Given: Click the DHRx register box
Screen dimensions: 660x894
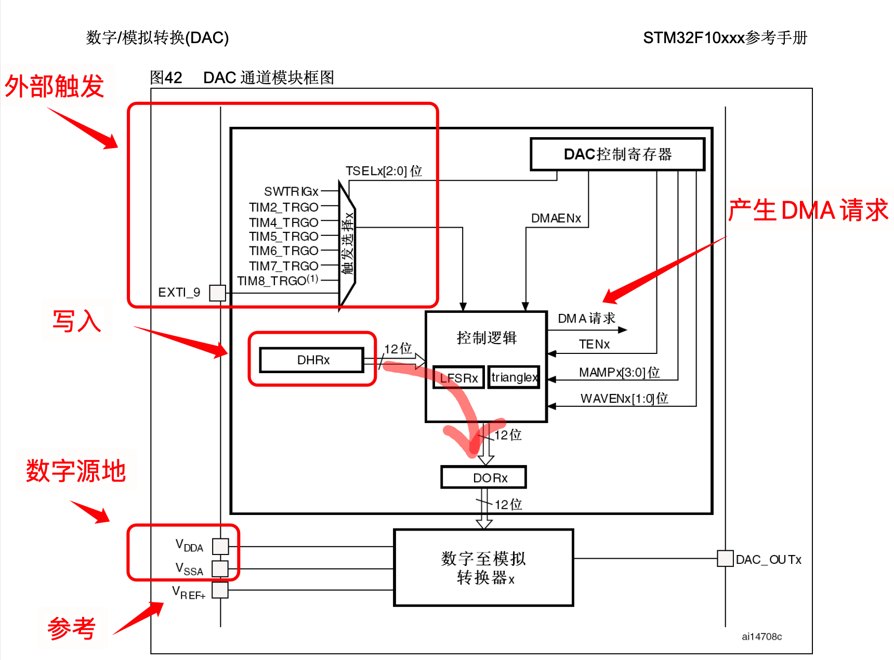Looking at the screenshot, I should [x=311, y=360].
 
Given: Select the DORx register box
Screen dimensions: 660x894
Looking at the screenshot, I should [x=483, y=478].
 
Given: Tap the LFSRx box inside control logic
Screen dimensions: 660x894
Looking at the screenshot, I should [x=459, y=378].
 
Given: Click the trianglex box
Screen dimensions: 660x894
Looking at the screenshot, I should [x=514, y=377].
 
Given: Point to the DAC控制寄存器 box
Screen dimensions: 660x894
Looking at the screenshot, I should [x=617, y=154].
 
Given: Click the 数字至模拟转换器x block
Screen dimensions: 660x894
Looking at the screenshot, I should [x=483, y=567].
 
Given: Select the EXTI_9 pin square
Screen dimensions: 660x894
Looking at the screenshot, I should [x=217, y=293].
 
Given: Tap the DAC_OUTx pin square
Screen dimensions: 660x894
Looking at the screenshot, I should [x=725, y=559].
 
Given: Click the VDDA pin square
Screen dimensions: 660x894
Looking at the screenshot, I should [x=220, y=546].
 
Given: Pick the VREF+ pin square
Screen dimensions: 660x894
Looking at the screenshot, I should [x=220, y=590].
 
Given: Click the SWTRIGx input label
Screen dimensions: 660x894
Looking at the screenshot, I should [x=291, y=192].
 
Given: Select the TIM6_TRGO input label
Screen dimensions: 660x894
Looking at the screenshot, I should [x=283, y=251].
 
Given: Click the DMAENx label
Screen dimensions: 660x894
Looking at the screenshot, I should [x=556, y=218].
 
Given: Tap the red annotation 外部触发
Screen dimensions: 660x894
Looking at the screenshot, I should [x=55, y=86].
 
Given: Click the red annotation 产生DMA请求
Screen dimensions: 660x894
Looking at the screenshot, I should [x=808, y=210].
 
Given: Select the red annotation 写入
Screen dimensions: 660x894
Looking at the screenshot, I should [x=76, y=321].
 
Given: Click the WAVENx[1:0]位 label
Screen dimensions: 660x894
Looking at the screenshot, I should [x=624, y=399].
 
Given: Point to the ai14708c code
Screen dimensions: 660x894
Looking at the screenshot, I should [x=761, y=637].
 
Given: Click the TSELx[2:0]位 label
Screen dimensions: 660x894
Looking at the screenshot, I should [x=384, y=171].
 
